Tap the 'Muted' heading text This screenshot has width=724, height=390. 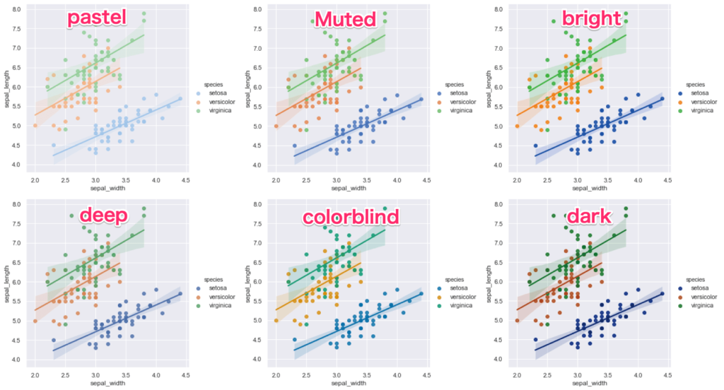pos(345,19)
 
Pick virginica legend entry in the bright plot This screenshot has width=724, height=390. pos(701,110)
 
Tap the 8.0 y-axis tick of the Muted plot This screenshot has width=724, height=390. pos(258,10)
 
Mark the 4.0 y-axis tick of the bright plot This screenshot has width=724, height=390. pos(499,165)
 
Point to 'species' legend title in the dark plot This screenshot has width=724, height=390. pos(695,279)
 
